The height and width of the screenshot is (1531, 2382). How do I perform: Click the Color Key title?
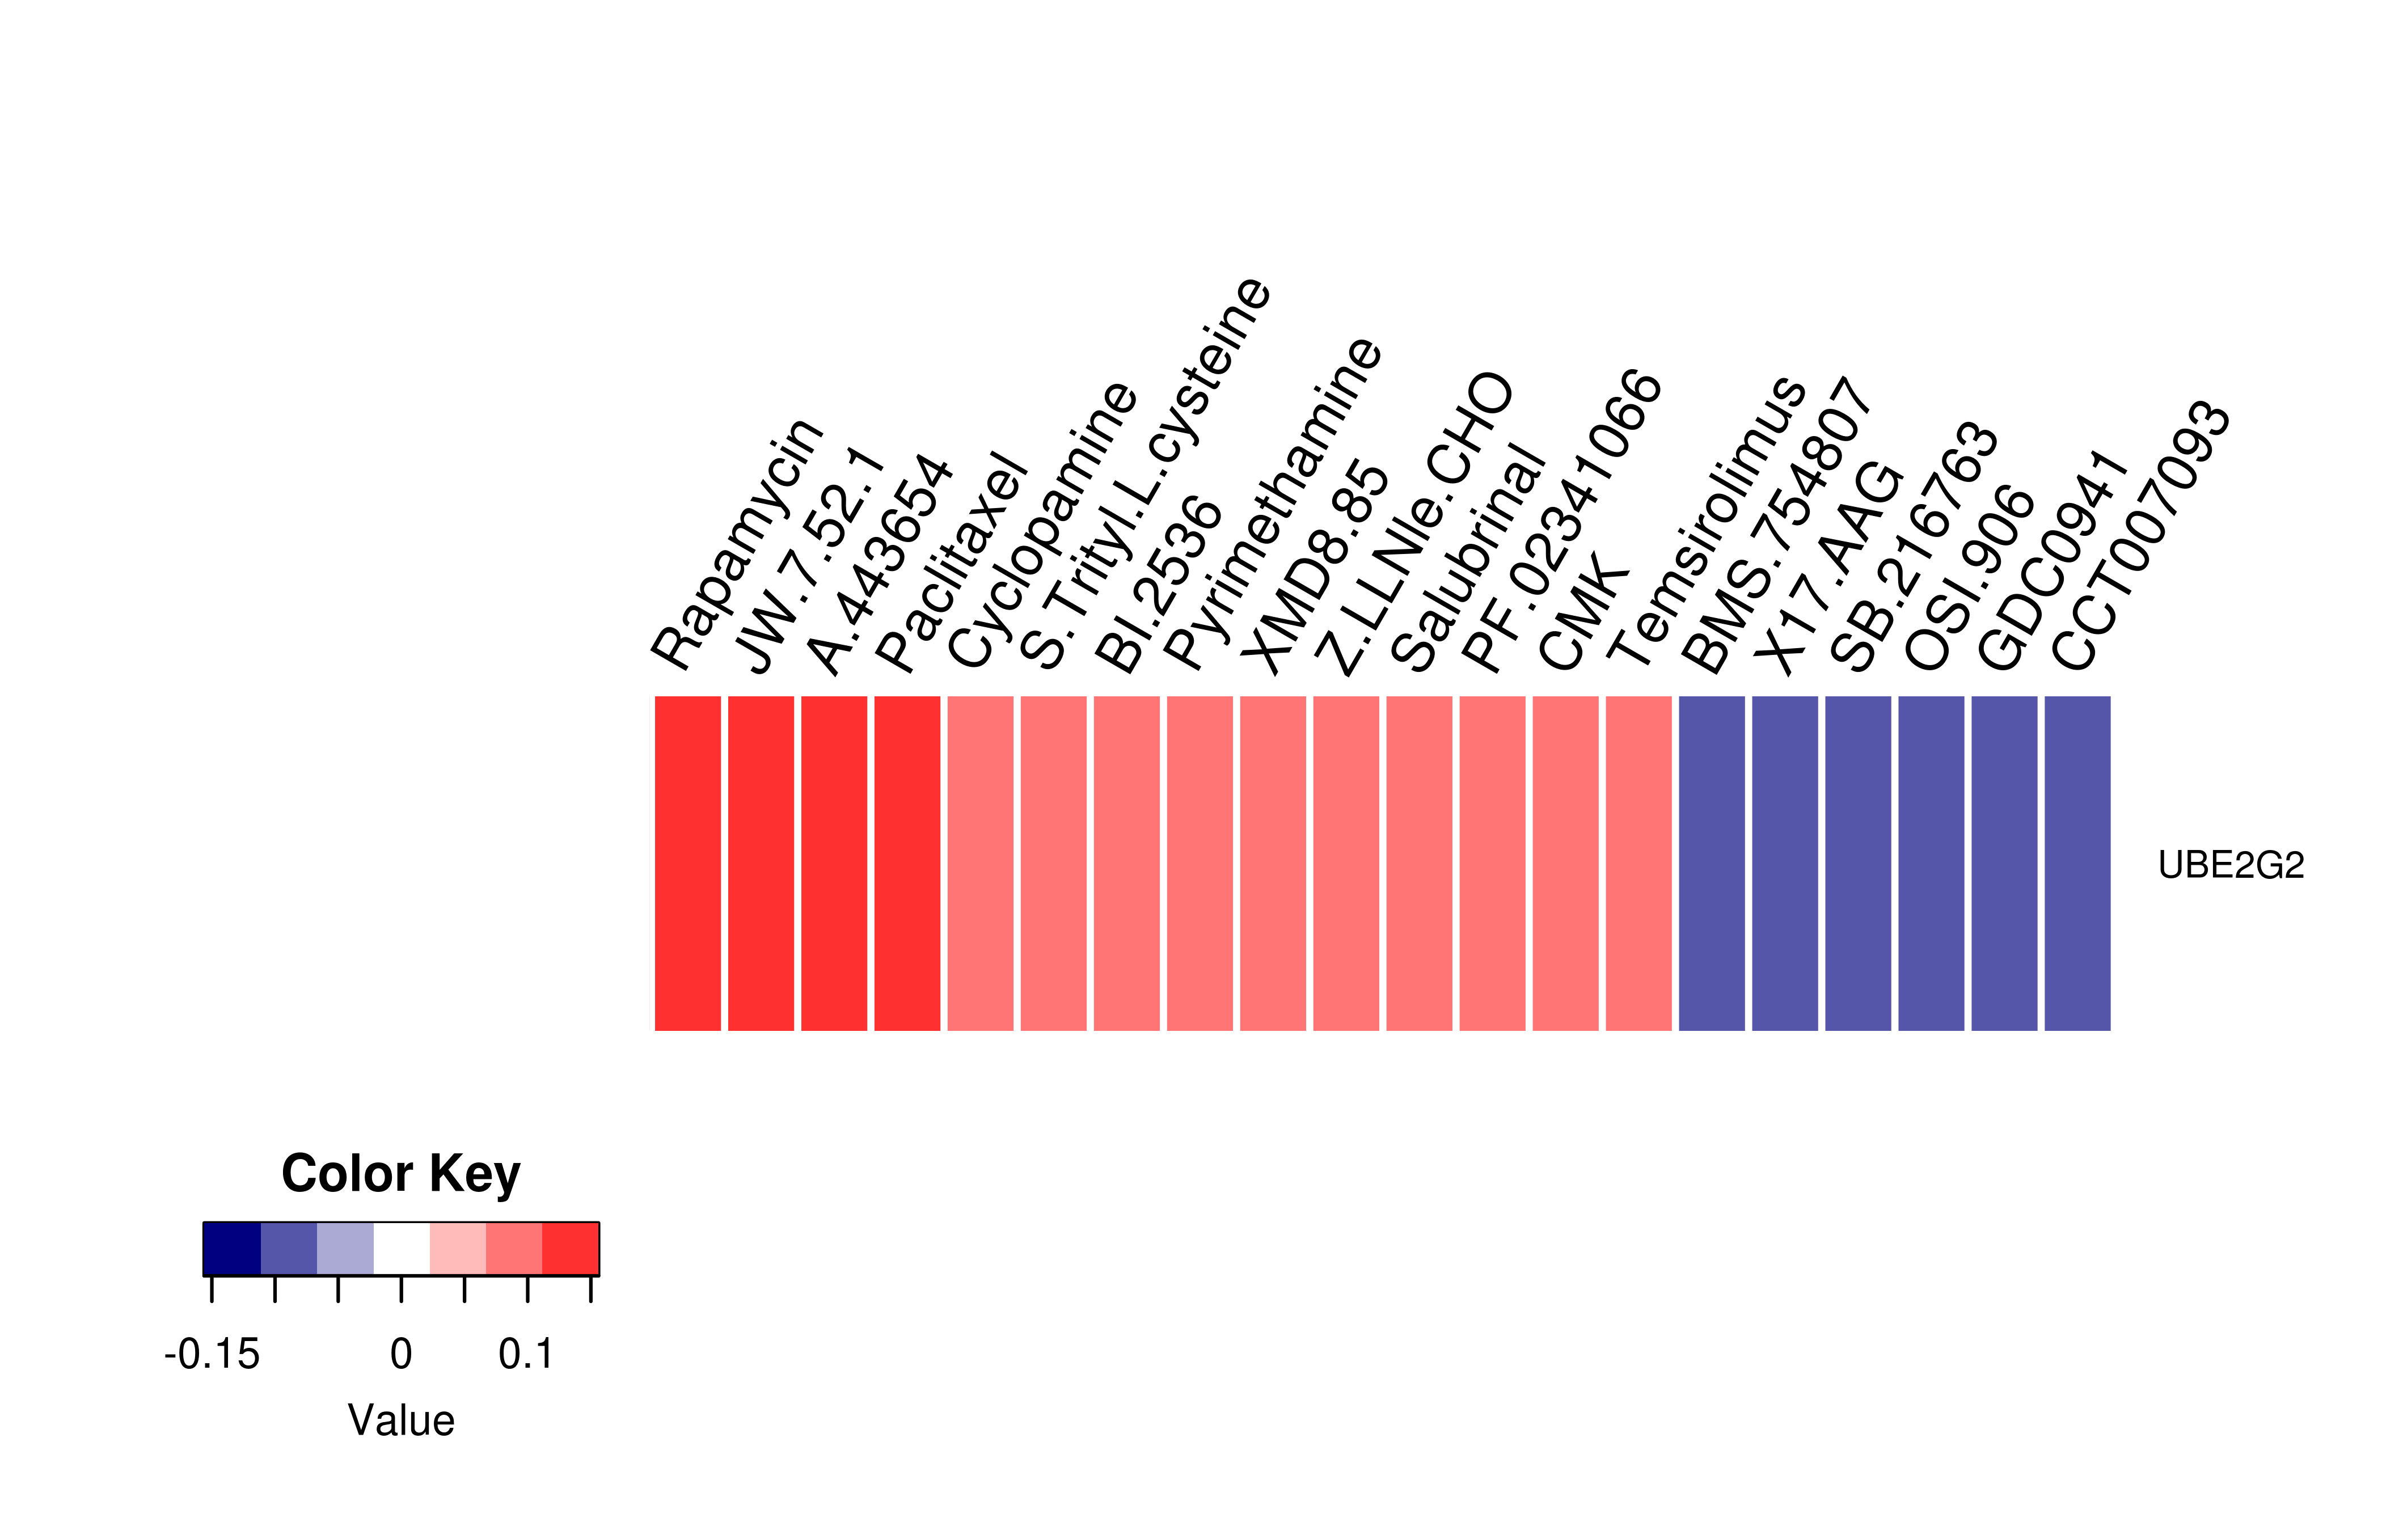click(400, 1175)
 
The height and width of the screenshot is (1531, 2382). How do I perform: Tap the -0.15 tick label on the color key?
click(212, 1354)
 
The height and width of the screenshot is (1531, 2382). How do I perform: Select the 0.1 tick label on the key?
click(526, 1354)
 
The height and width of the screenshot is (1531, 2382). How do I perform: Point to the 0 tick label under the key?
click(400, 1354)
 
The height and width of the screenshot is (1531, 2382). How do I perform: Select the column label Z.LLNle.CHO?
click(1413, 524)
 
